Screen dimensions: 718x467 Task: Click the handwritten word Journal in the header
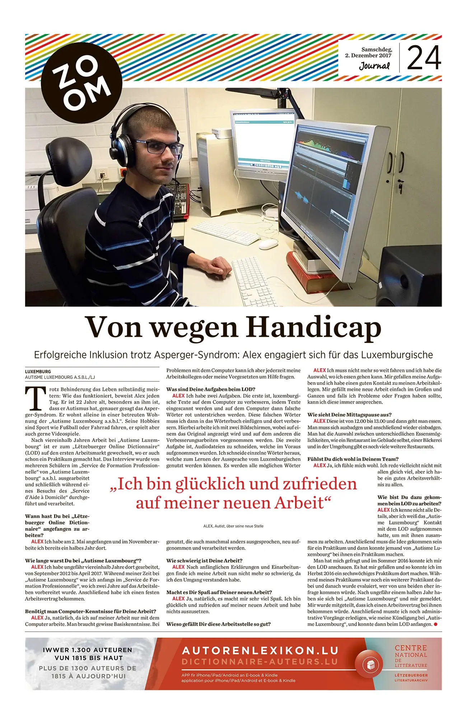[374, 66]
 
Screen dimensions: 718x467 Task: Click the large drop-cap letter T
[36, 398]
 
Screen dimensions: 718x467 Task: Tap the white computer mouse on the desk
[268, 244]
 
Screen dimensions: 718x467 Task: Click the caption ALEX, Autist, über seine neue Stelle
[233, 526]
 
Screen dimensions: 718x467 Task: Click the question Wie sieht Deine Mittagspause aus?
[349, 415]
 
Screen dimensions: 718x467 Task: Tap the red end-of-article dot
[436, 624]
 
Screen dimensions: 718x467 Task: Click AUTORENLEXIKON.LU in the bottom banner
[260, 650]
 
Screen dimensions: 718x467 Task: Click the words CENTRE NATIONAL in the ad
[411, 651]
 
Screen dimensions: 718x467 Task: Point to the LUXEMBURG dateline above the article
[38, 372]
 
